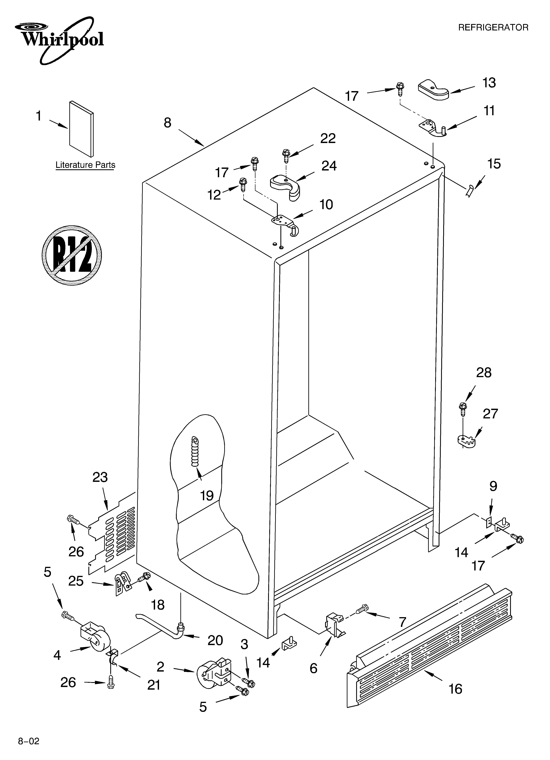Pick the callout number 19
tap(207, 495)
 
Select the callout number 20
tap(215, 640)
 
